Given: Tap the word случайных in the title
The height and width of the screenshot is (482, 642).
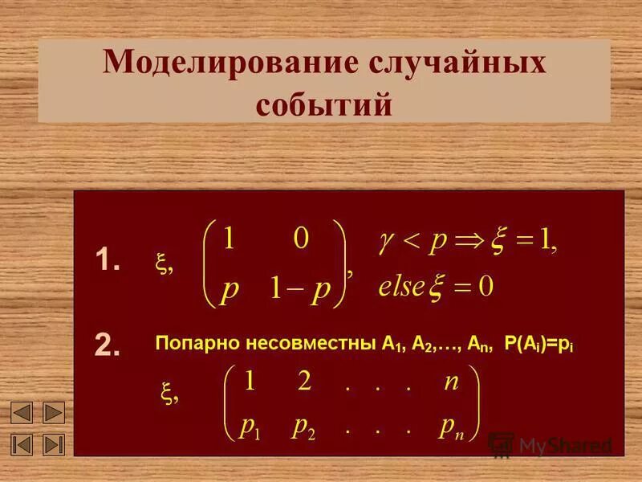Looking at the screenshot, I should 455,64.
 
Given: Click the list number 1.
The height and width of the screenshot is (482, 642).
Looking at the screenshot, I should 107,260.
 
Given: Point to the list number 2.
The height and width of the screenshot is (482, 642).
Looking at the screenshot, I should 107,344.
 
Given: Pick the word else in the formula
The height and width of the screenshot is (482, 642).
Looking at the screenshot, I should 400,286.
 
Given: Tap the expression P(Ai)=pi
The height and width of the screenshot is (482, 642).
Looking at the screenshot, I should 539,344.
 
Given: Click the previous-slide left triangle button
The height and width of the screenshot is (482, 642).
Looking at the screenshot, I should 22,413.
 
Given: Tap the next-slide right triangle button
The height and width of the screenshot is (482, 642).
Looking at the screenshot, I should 53,413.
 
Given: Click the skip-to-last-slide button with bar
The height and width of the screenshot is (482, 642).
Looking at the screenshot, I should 53,443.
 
